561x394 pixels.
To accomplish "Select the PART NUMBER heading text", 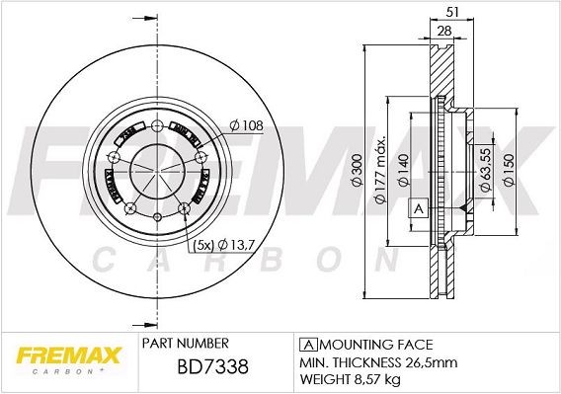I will coord(186,344).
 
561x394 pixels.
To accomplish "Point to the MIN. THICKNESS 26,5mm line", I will coord(371,361).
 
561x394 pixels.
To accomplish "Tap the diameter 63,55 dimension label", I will coord(486,161).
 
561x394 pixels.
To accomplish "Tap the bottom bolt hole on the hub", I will coord(156,216).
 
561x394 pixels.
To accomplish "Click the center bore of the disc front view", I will coord(156,170).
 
